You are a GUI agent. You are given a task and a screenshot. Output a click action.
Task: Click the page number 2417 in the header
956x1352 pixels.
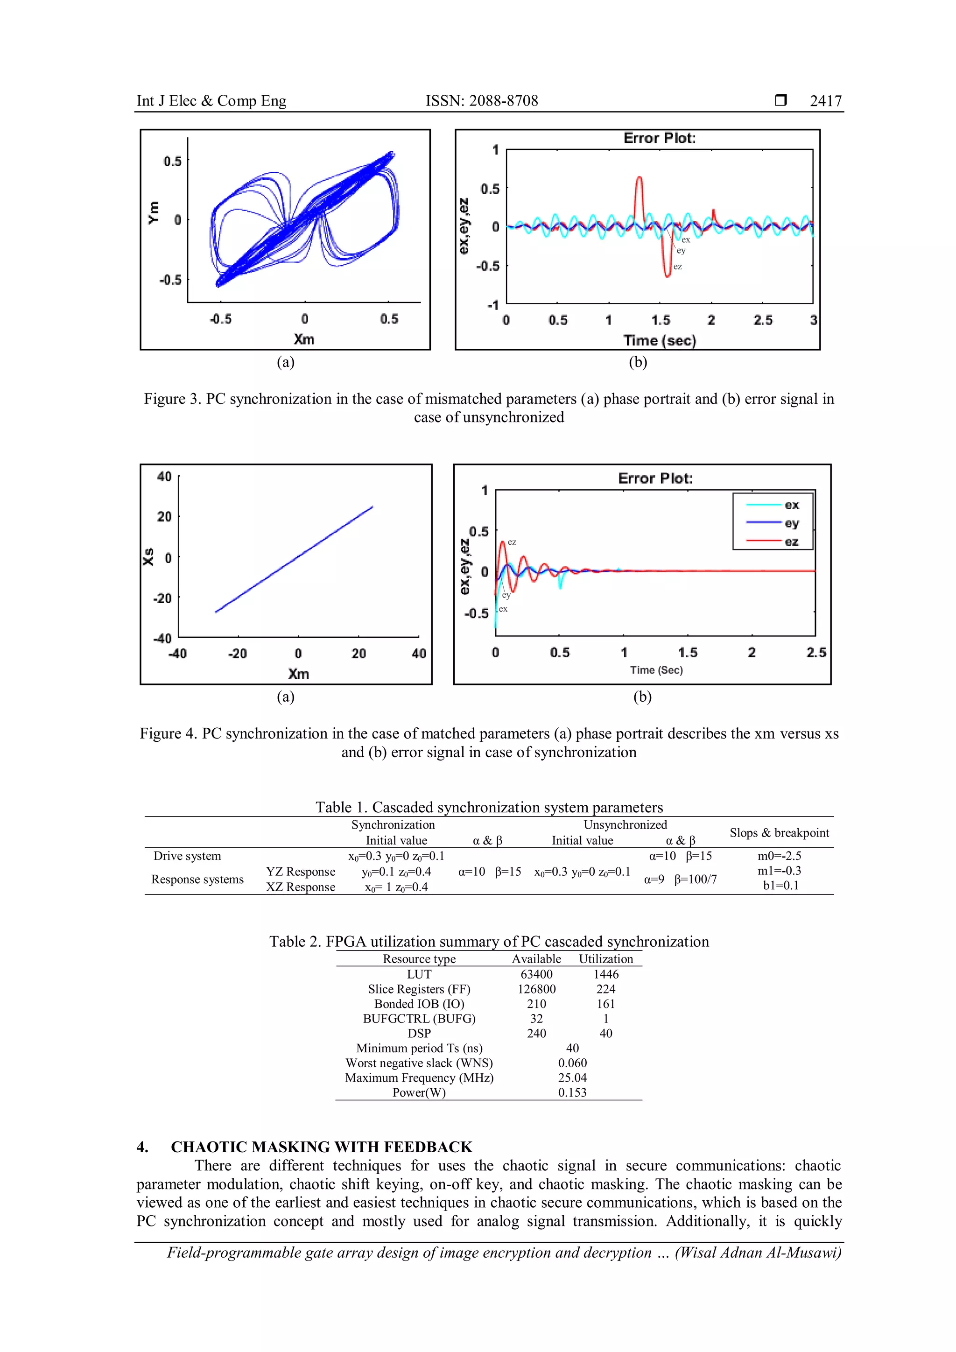(825, 101)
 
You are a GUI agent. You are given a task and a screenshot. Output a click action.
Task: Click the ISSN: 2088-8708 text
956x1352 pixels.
(482, 101)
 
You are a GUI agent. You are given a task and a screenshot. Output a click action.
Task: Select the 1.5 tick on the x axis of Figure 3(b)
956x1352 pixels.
(660, 320)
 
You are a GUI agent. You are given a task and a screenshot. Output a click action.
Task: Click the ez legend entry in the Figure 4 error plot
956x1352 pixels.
(791, 541)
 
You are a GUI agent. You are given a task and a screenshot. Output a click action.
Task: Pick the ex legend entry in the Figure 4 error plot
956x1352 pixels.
(791, 505)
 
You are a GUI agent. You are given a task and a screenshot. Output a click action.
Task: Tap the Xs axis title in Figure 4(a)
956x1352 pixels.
(148, 556)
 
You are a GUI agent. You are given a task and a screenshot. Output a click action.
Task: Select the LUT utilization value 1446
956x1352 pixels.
(606, 974)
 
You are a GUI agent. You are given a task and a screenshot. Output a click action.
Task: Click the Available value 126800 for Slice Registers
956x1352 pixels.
(536, 989)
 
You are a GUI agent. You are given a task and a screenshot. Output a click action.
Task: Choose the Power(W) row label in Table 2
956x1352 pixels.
(419, 1092)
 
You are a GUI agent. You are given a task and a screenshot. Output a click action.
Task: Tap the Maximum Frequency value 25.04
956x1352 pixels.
(572, 1077)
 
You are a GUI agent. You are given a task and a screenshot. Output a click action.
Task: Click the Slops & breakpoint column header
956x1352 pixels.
(779, 833)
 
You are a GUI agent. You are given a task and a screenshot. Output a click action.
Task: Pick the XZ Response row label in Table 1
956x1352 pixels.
(300, 887)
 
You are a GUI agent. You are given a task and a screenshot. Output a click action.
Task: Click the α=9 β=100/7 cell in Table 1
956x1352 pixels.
(680, 880)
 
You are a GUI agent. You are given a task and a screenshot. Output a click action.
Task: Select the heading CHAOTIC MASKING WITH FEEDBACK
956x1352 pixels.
(322, 1147)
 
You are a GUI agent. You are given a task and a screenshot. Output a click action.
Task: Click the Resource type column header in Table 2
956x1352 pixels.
(419, 958)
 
